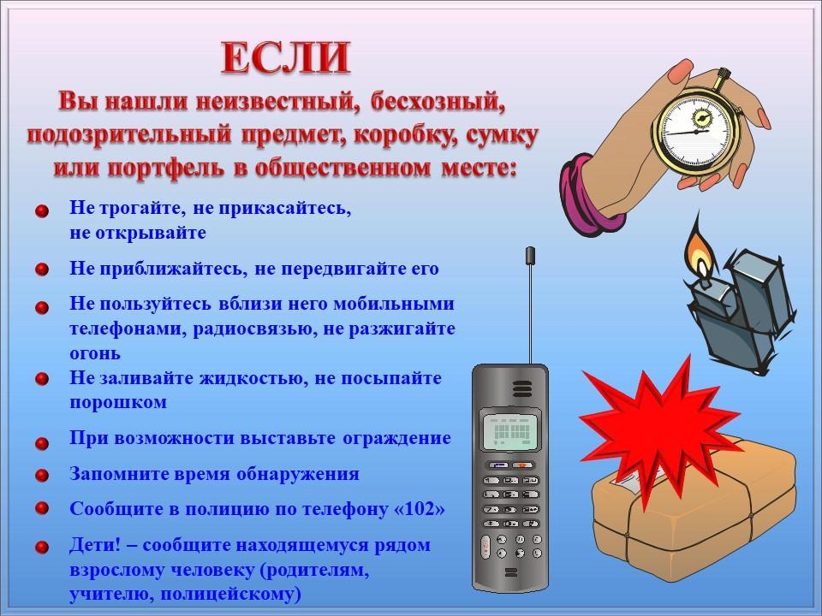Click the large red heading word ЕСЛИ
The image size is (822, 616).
[x=286, y=57]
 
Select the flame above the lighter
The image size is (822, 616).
[x=698, y=250]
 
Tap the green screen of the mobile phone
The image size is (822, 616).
[x=511, y=431]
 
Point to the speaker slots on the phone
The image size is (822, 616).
[x=522, y=388]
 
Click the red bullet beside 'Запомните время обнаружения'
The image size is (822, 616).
[x=42, y=475]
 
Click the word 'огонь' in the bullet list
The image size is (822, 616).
[x=95, y=354]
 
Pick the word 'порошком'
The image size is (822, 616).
[x=118, y=403]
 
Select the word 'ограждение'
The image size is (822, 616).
[x=396, y=438]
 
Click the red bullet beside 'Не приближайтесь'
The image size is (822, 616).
[x=42, y=269]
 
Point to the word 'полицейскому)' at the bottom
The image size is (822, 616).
[x=230, y=595]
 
